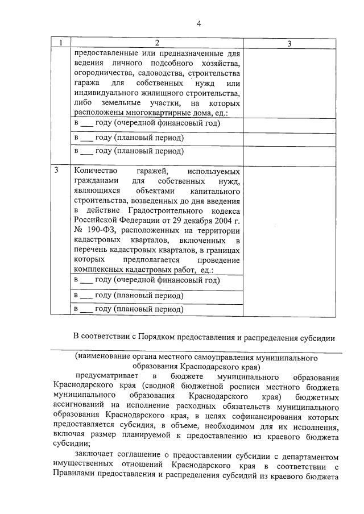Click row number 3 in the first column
[x=56, y=171]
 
